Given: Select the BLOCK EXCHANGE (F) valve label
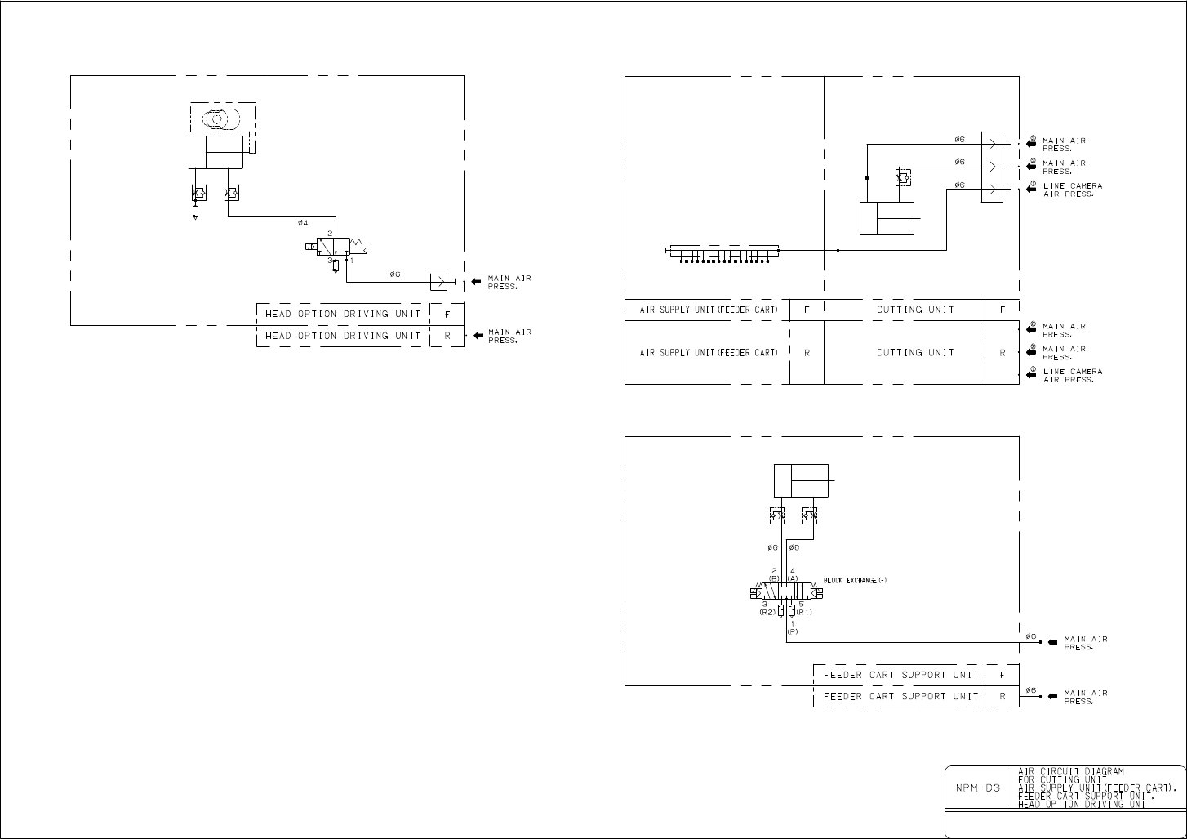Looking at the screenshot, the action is [x=855, y=580].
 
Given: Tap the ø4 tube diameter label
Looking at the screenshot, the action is [x=303, y=222].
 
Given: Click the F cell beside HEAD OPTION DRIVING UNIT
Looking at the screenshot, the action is [x=447, y=314].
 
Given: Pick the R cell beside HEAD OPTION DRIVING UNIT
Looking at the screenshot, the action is [x=447, y=336].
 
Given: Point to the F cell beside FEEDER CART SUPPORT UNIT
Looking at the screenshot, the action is [x=1002, y=675].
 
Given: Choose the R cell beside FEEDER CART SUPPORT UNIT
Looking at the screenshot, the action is [x=1002, y=697].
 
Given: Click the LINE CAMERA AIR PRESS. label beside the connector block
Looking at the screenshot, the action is [x=1072, y=190].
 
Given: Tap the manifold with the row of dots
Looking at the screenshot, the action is [x=722, y=250].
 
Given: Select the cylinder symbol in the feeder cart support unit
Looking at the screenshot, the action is [x=801, y=480].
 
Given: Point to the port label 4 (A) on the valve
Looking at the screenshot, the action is [x=794, y=574].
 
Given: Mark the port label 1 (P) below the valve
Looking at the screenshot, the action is [x=792, y=627].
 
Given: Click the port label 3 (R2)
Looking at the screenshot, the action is [x=767, y=608].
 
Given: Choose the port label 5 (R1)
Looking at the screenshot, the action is [x=803, y=608].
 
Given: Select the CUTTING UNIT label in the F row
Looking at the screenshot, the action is [x=904, y=310].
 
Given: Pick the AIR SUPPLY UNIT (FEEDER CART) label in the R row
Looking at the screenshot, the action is [x=707, y=352].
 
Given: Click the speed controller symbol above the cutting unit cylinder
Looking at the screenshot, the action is [x=903, y=176].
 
